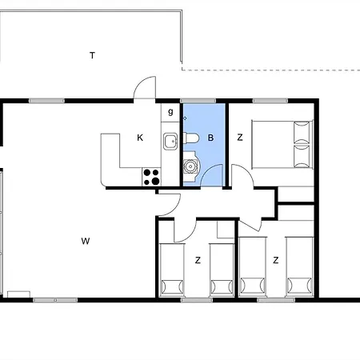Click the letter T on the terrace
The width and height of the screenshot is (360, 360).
point(92,55)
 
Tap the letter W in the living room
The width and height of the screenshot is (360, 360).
point(86,241)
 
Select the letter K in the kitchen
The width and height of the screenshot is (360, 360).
point(140,138)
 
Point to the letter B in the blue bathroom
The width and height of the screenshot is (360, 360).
point(210,138)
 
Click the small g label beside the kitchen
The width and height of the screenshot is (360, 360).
point(170,111)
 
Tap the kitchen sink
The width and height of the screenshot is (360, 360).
point(170,142)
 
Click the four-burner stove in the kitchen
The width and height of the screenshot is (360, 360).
point(151,177)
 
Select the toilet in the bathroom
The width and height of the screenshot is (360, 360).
point(191,138)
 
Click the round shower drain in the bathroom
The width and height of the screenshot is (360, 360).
point(190,166)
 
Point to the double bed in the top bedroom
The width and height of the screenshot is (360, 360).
point(282,144)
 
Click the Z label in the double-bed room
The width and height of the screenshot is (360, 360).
point(240,138)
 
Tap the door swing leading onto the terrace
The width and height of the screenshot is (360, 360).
point(144,87)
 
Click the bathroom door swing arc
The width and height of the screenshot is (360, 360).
point(211,175)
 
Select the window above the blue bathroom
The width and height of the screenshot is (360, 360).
point(198,101)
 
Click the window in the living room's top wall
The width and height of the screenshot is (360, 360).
point(46,101)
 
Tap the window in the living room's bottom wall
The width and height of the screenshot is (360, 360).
point(55,300)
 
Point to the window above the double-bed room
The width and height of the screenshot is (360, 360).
point(270,101)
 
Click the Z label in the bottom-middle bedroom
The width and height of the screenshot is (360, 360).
point(198,260)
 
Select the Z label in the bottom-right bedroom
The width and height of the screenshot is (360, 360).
point(276,260)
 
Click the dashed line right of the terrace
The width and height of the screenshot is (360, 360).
point(271,70)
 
